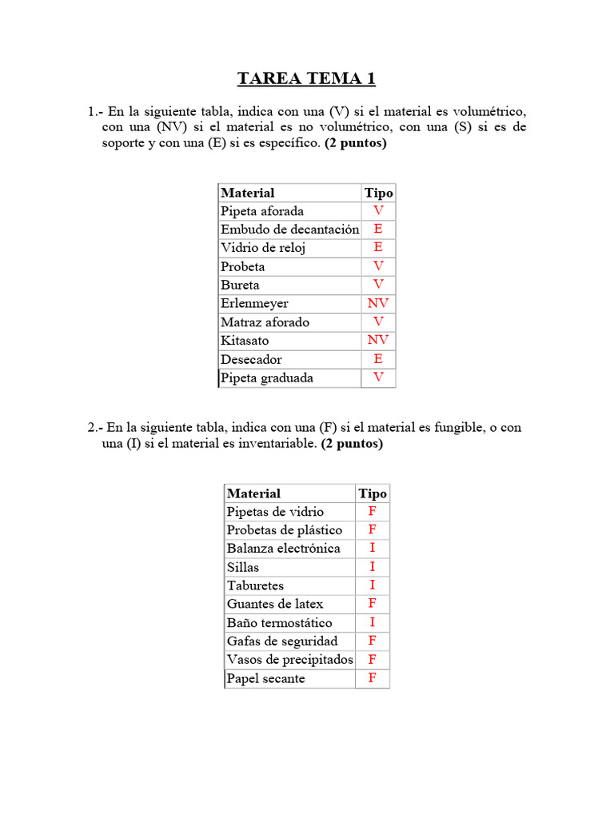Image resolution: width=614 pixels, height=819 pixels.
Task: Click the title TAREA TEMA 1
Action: click(306, 78)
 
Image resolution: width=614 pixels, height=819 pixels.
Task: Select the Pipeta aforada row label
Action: click(262, 211)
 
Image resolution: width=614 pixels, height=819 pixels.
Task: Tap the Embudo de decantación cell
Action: click(289, 230)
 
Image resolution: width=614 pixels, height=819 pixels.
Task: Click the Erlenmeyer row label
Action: click(254, 304)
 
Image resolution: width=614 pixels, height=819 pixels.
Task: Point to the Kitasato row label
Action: click(245, 341)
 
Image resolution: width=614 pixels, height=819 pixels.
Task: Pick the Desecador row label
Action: click(251, 359)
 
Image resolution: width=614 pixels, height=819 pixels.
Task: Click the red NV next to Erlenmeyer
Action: click(378, 303)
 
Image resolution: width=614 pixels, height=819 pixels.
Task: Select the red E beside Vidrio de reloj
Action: click(378, 248)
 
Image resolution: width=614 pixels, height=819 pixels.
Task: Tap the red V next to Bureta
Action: click(378, 285)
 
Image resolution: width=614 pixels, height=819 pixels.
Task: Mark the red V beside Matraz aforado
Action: click(378, 322)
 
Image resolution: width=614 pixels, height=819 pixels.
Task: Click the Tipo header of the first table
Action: click(378, 193)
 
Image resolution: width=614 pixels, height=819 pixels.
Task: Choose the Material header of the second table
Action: click(253, 493)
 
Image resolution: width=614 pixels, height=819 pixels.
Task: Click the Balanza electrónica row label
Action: click(283, 549)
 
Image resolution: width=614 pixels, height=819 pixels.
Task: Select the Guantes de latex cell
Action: click(275, 604)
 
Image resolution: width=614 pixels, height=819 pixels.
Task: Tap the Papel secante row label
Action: click(265, 678)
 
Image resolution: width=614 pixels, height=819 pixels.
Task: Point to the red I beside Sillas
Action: click(373, 567)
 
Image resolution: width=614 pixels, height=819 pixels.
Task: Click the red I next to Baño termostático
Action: click(373, 622)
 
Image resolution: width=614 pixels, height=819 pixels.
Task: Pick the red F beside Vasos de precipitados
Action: click(373, 659)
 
